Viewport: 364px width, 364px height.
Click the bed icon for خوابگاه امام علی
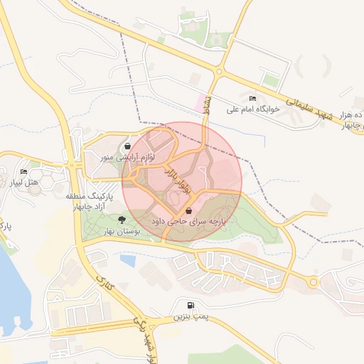252,98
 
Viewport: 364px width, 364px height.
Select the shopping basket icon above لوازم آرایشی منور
127,146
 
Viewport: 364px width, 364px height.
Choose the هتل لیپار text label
24,183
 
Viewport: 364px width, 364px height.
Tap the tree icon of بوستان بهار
122,220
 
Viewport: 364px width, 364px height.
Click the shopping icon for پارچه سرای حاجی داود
188,210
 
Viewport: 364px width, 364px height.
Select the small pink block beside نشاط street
198,105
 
